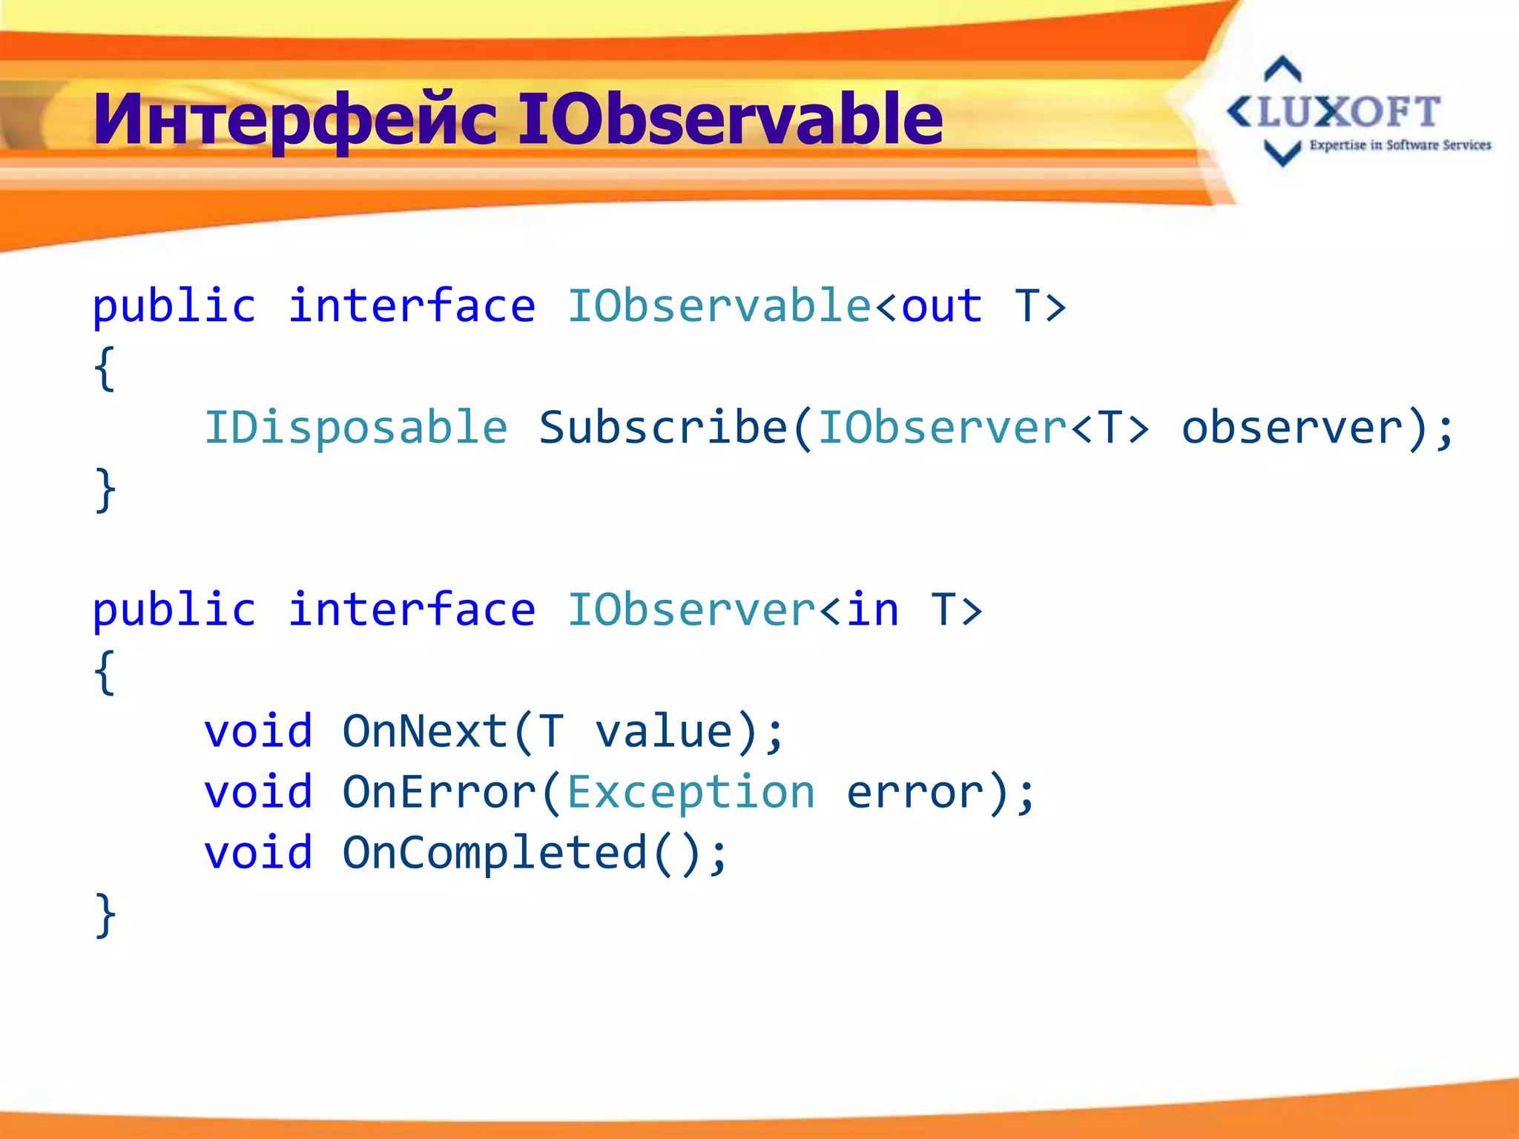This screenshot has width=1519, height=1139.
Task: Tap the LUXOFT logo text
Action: [x=1348, y=113]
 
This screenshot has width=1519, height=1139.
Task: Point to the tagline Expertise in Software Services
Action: [x=1400, y=145]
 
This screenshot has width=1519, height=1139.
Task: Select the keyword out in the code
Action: [x=942, y=306]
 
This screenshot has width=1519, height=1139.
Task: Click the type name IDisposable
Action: [x=356, y=428]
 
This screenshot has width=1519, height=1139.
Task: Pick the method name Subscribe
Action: [x=662, y=428]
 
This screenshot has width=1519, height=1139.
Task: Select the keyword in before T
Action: [x=873, y=610]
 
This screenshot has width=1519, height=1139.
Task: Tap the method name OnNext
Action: [x=425, y=732]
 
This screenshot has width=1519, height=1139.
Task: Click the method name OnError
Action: [x=439, y=793]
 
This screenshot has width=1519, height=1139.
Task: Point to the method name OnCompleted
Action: [x=495, y=854]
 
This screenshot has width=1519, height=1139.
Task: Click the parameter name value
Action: [x=665, y=732]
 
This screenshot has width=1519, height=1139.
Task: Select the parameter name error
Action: [x=915, y=793]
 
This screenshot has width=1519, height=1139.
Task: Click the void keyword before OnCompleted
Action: [x=258, y=854]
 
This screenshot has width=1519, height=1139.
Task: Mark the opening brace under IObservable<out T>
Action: [x=105, y=369]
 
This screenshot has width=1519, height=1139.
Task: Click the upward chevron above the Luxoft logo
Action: [x=1282, y=69]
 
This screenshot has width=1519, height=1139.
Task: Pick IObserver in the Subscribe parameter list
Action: [x=942, y=428]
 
